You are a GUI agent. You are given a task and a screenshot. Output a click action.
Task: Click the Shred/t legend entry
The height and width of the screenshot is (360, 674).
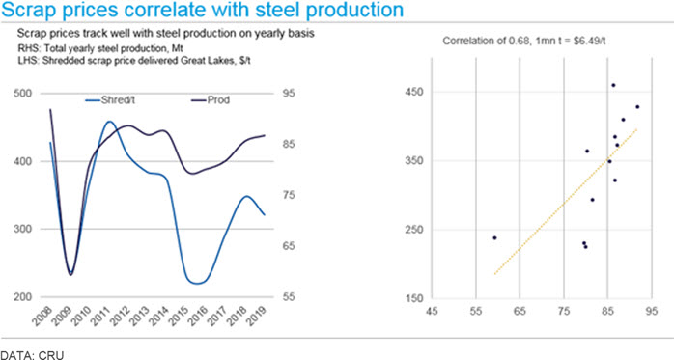(110, 100)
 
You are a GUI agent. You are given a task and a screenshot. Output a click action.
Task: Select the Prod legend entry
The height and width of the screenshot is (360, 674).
(210, 100)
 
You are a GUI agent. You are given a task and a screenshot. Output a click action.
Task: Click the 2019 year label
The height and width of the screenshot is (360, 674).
(257, 317)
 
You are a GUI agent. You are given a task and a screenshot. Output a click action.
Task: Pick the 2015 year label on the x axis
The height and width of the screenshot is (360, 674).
(180, 317)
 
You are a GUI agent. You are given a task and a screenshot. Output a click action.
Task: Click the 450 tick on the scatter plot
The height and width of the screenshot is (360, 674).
(414, 92)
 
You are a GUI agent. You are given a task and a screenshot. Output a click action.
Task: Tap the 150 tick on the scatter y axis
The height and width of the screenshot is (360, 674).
(414, 298)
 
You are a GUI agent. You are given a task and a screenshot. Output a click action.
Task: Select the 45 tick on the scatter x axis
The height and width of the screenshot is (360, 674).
(432, 311)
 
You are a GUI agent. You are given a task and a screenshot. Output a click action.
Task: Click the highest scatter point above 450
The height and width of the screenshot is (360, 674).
(613, 85)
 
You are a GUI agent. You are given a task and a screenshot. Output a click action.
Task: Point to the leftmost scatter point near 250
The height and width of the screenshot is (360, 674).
(494, 237)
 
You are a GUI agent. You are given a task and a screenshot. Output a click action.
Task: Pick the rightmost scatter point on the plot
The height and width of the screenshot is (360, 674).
(637, 106)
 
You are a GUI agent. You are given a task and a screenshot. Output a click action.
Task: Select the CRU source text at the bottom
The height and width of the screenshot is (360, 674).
(51, 355)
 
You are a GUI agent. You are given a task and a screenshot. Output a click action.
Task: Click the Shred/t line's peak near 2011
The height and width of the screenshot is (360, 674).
(109, 122)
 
